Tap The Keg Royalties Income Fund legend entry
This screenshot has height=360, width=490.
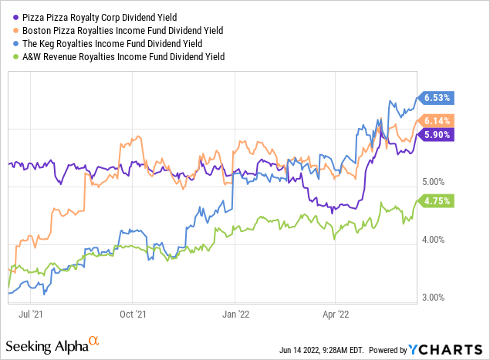pos(118,43)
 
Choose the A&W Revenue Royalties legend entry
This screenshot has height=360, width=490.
pos(123,56)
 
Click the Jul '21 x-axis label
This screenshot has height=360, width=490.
pos(42,315)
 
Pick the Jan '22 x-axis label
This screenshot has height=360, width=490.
pos(235,315)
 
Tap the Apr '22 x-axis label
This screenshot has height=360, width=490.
pos(336,315)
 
